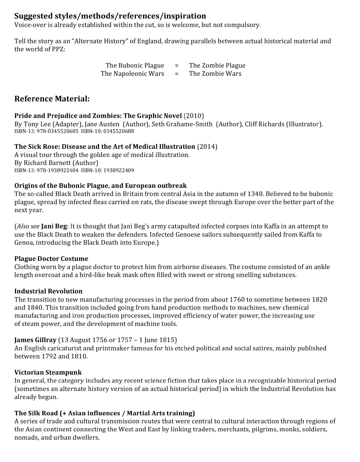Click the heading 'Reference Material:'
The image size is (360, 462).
pyautogui.click(x=52, y=99)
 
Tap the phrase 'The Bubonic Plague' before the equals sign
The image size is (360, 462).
pyautogui.click(x=135, y=65)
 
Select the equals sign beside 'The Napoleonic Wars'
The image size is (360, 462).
pyautogui.click(x=177, y=74)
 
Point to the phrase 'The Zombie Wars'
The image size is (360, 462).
pyautogui.click(x=215, y=74)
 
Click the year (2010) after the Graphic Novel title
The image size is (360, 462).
pyautogui.click(x=194, y=116)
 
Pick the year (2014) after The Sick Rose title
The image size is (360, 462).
pyautogui.click(x=207, y=146)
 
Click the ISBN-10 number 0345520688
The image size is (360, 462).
pyautogui.click(x=119, y=131)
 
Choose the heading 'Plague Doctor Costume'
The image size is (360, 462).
pyautogui.click(x=51, y=259)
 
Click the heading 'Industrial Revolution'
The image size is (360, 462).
pyautogui.click(x=48, y=291)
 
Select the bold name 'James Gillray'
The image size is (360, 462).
pyautogui.click(x=35, y=340)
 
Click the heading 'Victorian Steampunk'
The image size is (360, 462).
pyautogui.click(x=48, y=372)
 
